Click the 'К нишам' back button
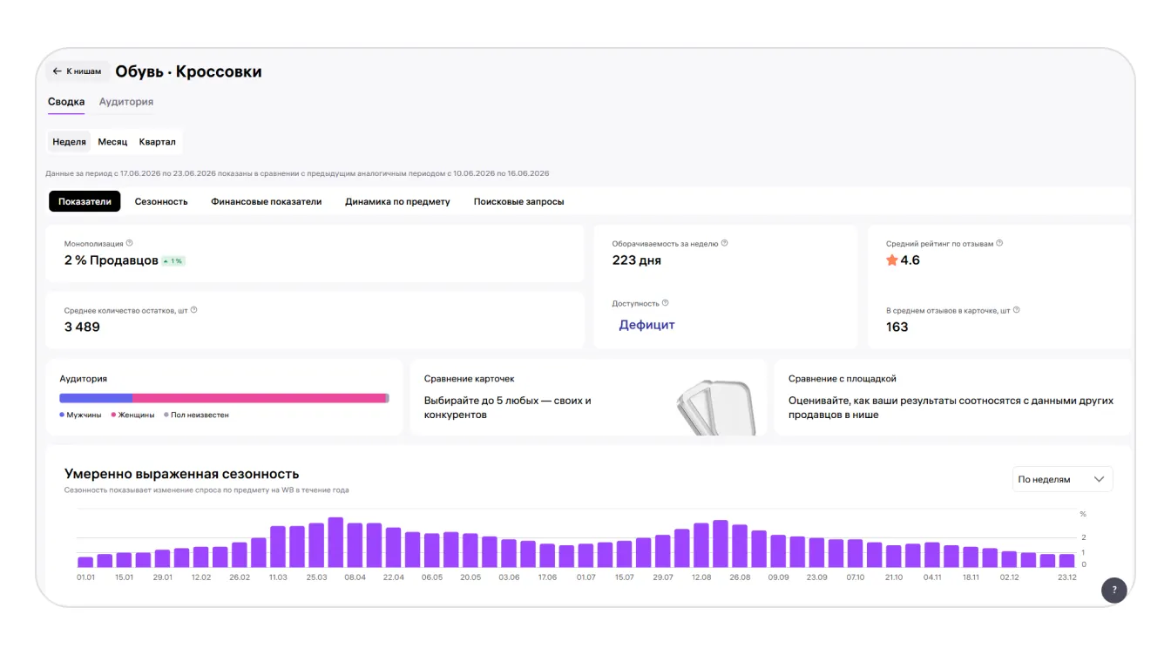pos(78,71)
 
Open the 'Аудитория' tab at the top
pos(126,101)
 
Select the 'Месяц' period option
pos(112,142)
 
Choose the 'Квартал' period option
pos(158,142)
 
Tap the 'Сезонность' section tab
pos(161,201)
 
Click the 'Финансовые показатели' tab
pos(266,201)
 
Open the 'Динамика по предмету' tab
pos(397,201)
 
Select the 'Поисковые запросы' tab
pos(518,201)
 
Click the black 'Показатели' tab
pos(85,201)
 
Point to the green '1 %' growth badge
pos(173,260)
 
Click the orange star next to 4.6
pos(892,260)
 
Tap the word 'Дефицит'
pos(646,325)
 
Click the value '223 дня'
pos(636,260)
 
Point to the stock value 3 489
pos(82,327)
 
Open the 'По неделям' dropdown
pos(1062,479)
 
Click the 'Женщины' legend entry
pos(132,415)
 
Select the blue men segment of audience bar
pos(96,398)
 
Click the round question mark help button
pos(1114,591)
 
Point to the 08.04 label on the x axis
pos(355,577)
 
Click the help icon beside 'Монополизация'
pos(130,243)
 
